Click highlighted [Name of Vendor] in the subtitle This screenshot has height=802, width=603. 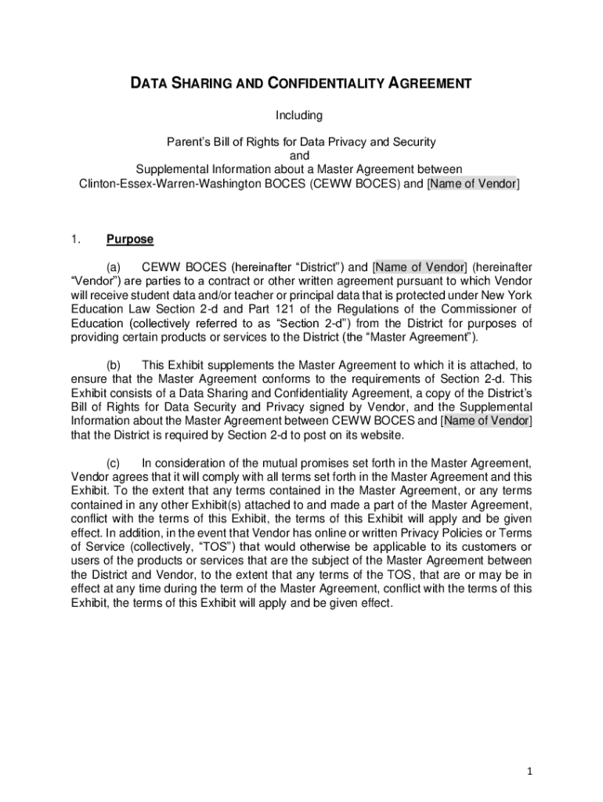click(473, 183)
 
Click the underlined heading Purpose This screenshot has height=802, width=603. click(130, 240)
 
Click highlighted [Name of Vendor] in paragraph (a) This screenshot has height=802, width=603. click(419, 267)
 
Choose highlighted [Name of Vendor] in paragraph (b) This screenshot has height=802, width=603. click(486, 421)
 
